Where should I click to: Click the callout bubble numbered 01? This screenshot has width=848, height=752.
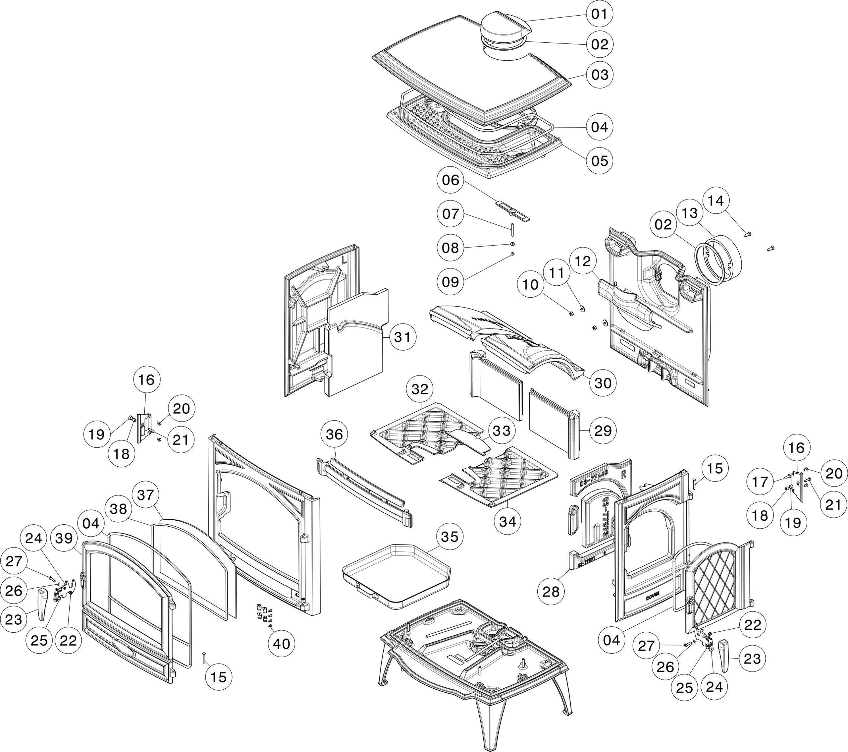[600, 14]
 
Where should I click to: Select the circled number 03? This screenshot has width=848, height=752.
[600, 75]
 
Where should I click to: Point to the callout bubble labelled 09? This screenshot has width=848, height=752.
[450, 282]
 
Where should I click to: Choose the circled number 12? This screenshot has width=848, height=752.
[583, 261]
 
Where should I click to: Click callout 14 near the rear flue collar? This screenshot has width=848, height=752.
[715, 201]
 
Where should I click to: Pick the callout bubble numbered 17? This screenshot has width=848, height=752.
[760, 482]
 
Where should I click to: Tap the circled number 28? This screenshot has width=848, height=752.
[551, 592]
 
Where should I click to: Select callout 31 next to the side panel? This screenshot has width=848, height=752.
[402, 337]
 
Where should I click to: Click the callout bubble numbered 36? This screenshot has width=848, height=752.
[334, 434]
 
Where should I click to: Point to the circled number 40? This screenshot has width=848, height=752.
[281, 644]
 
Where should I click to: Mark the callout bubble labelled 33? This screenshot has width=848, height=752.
[501, 431]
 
